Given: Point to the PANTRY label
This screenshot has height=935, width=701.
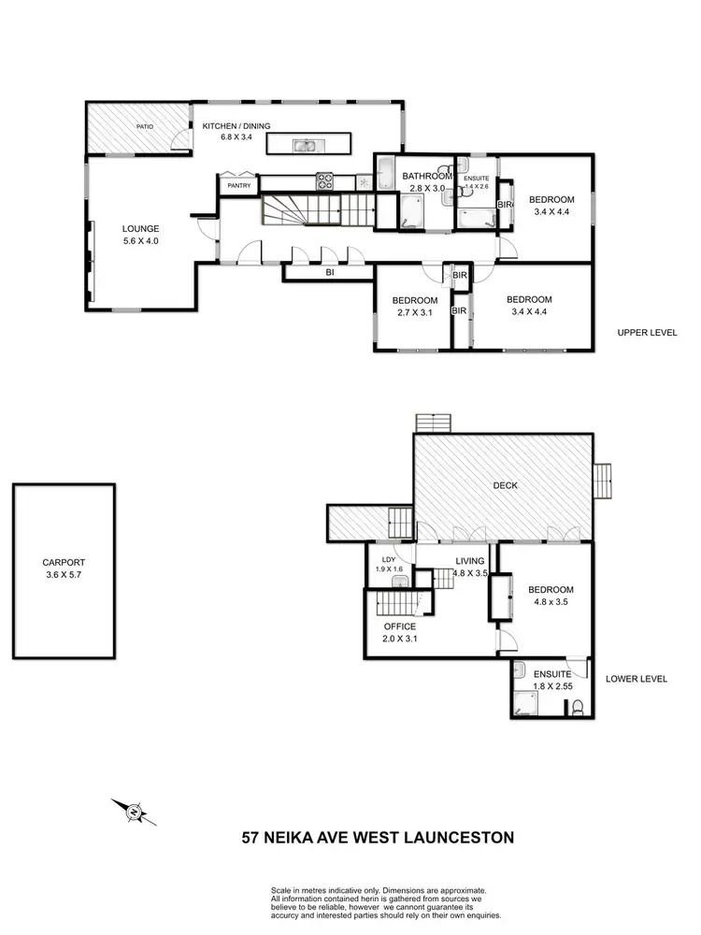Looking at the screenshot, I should tap(237, 186).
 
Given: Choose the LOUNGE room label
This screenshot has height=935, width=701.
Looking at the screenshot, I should tap(141, 228).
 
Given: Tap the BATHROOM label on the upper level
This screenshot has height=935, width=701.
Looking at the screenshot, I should tap(426, 176).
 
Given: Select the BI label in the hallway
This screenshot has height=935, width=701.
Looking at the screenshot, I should tap(330, 274).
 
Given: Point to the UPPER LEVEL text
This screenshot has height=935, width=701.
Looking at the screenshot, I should tap(647, 333).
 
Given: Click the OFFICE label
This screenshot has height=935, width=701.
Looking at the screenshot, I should tap(400, 626).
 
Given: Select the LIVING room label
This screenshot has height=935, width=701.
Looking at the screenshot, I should tap(470, 561).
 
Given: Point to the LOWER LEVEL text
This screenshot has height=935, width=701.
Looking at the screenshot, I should tap(636, 679).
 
